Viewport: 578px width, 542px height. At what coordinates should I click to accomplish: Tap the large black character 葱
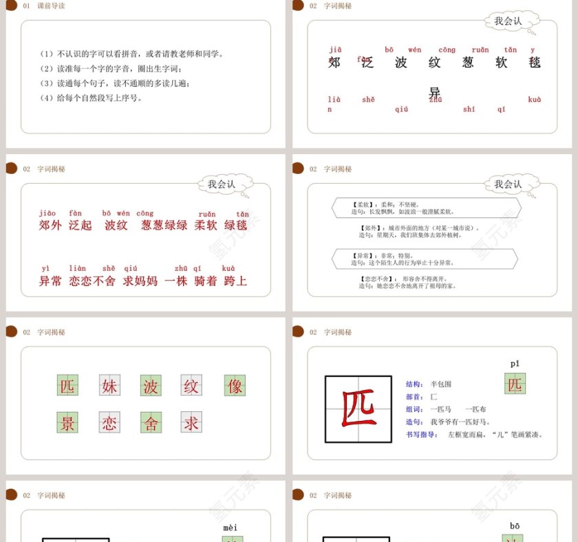click(x=468, y=63)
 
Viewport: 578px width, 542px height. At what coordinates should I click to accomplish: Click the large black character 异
click(x=435, y=92)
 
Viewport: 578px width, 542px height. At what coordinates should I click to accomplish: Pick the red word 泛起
click(x=80, y=225)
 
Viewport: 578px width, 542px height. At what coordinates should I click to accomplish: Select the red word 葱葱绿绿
click(x=164, y=225)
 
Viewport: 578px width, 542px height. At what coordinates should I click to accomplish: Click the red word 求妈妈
click(x=140, y=281)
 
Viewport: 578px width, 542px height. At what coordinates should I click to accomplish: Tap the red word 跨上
click(x=235, y=281)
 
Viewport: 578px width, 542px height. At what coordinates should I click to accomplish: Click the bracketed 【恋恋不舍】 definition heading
click(x=375, y=278)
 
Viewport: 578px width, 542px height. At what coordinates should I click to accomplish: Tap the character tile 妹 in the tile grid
click(x=110, y=386)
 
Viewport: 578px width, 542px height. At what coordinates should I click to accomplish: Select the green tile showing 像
click(x=235, y=386)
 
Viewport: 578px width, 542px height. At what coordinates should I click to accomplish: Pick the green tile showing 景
click(x=67, y=423)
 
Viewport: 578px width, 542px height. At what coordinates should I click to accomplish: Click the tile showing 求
click(x=191, y=423)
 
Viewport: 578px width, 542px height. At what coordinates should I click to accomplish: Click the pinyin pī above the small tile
click(x=515, y=363)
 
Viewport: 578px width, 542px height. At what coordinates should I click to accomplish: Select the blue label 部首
click(x=415, y=396)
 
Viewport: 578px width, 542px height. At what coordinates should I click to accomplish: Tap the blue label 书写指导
click(x=422, y=434)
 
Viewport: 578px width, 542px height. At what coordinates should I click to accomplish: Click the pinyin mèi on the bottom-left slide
click(x=231, y=528)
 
